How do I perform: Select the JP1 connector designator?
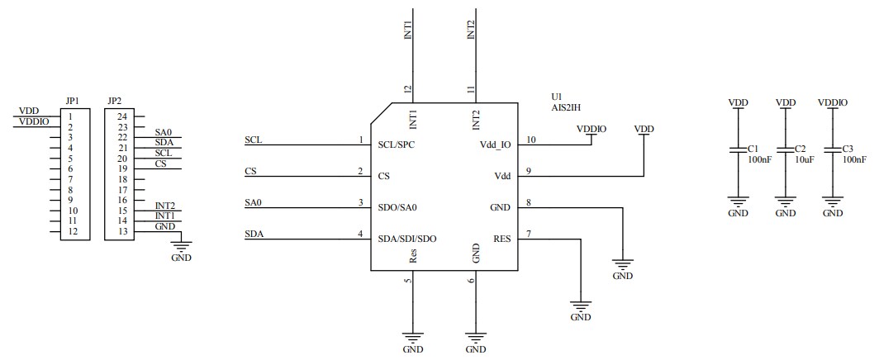coord(71,102)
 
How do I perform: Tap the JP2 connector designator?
coord(114,102)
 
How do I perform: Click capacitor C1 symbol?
coord(738,149)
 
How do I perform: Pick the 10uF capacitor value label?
coord(805,159)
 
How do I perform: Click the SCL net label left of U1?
coord(254,140)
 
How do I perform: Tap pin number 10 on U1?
coord(530,140)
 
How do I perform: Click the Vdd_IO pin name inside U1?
coord(495,144)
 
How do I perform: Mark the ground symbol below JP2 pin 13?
coord(179,245)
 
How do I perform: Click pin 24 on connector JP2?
coord(121,117)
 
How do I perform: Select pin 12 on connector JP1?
coord(73,231)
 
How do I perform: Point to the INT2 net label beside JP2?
coord(164,206)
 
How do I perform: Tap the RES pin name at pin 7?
coord(501,239)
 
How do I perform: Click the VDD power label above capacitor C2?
coord(786,102)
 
